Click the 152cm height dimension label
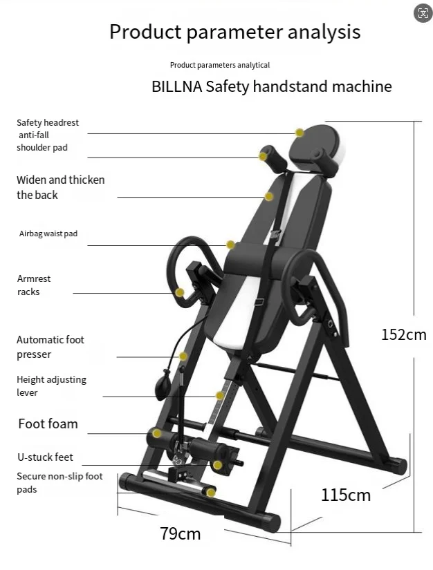(x=403, y=335)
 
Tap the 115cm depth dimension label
(x=345, y=495)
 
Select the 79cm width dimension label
(x=180, y=533)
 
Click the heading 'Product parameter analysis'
(x=234, y=32)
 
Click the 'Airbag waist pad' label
(x=48, y=234)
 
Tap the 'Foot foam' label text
(x=48, y=424)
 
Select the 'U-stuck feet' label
(x=45, y=457)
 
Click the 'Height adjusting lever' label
(x=52, y=386)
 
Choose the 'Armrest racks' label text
(x=34, y=285)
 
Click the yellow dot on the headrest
(x=300, y=132)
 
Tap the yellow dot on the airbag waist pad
(x=230, y=244)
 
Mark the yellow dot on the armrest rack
(x=180, y=293)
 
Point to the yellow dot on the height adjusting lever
(x=220, y=396)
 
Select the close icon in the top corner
(x=422, y=12)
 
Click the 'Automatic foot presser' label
(x=50, y=347)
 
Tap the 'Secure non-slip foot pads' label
(x=59, y=482)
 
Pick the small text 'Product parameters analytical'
(x=219, y=65)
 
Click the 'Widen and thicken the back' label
(x=60, y=187)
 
